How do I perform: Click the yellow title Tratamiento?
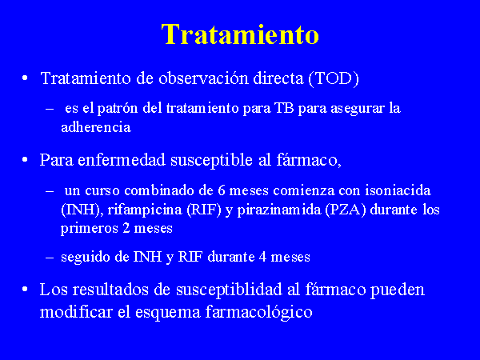tap(240, 34)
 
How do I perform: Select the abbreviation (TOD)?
tap(334, 78)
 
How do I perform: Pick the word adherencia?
tap(96, 126)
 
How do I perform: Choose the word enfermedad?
tap(122, 159)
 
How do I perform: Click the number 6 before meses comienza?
tap(222, 190)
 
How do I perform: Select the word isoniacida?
tap(398, 190)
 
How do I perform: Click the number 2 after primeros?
tap(126, 228)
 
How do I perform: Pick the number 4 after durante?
tap(262, 257)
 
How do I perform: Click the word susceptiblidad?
tap(229, 290)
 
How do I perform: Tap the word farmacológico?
tap(258, 312)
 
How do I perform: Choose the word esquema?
tap(168, 313)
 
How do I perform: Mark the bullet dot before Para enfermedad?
tap(25, 159)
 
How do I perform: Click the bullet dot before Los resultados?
tap(25, 290)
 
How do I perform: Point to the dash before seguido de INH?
tap(50, 258)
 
